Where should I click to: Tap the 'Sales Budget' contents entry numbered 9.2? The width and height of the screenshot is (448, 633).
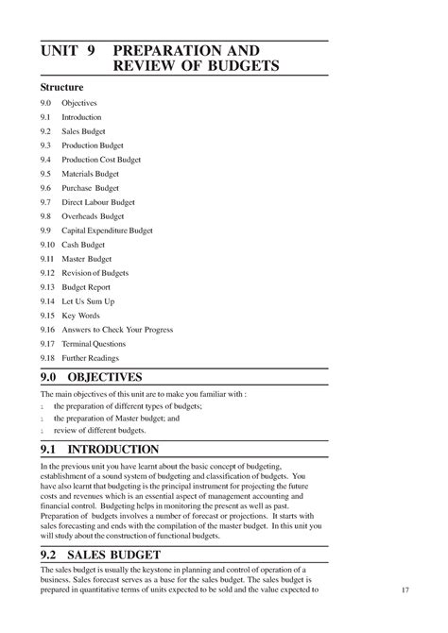point(83,130)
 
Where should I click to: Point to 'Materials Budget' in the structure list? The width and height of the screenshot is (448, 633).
point(91,174)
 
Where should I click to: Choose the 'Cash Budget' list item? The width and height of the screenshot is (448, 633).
point(83,245)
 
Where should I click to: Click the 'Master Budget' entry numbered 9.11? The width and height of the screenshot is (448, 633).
point(86,259)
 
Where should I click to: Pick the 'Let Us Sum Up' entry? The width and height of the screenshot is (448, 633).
point(89,301)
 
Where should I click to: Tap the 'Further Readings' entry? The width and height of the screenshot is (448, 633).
point(93,358)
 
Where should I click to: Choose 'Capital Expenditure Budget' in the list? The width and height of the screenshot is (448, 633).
point(107,231)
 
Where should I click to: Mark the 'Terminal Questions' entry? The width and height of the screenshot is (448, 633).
point(95,344)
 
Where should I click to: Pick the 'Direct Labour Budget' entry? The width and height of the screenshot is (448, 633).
point(98,202)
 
